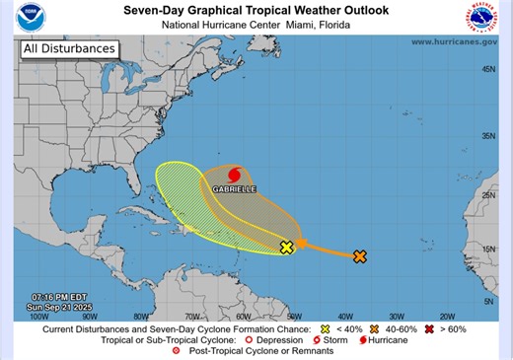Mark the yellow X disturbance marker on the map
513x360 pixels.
(287, 248)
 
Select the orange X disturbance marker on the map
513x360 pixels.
(360, 256)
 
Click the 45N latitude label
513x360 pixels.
(487, 69)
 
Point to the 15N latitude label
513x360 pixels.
(487, 249)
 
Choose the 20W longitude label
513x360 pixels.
(446, 317)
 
